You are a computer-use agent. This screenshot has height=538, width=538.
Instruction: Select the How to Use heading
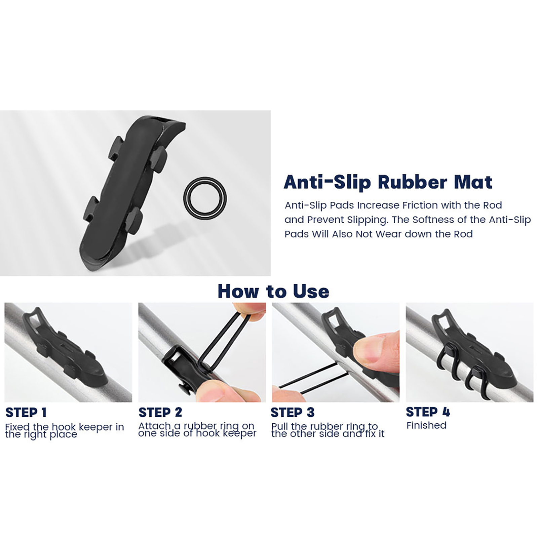273,291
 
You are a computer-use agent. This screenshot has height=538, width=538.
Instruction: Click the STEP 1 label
26,413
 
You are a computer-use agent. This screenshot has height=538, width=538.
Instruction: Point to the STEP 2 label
160,412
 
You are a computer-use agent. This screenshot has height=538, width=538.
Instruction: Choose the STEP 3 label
293,412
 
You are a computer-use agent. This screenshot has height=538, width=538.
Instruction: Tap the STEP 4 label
428,412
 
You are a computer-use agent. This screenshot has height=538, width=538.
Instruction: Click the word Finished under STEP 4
426,425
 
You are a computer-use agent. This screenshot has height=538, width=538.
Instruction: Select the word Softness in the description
431,220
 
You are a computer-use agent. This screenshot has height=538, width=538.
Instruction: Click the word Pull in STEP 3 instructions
279,426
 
